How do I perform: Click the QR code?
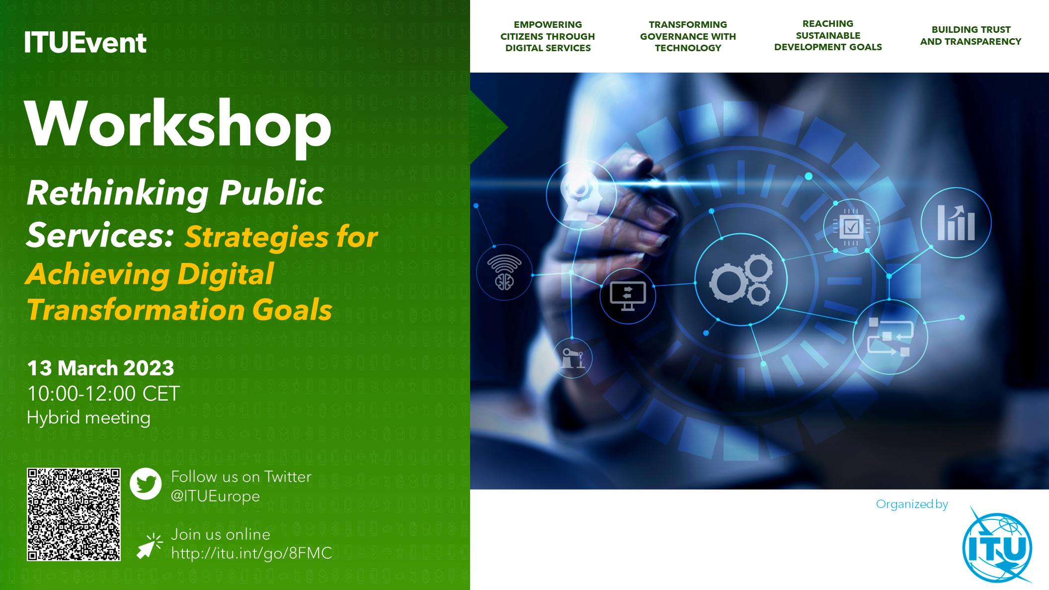74,514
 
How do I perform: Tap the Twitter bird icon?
146,484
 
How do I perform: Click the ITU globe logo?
997,546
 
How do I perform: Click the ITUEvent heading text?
85,42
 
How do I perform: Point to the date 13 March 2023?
100,368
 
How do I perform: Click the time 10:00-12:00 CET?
103,394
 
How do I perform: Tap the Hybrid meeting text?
88,418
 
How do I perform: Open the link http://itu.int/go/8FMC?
251,553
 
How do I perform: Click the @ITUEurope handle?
215,496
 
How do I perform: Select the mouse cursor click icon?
149,546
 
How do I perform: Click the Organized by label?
912,504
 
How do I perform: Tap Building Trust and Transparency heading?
970,36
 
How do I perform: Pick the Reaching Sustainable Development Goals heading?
828,35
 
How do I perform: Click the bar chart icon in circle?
956,223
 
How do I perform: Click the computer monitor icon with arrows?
628,296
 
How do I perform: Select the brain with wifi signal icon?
504,272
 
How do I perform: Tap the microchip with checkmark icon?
851,227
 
